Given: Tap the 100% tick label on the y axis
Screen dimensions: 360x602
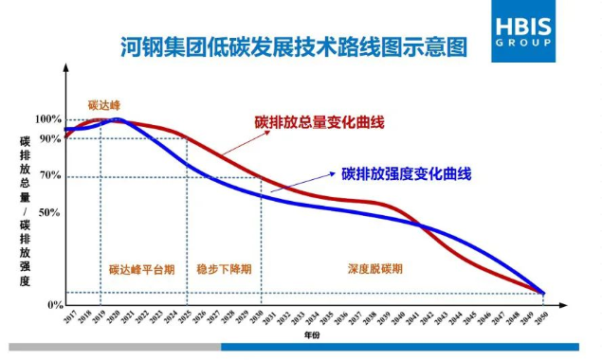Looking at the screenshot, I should click(x=48, y=119).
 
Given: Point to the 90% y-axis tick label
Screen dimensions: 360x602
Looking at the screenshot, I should click(x=50, y=138).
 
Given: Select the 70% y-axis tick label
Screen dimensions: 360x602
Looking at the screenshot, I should click(x=50, y=176).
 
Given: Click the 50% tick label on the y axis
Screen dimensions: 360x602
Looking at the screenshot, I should click(x=50, y=212).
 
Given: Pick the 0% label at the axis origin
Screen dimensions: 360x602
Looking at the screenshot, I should click(x=54, y=305).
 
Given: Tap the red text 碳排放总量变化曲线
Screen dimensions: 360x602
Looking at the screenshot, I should click(x=319, y=122).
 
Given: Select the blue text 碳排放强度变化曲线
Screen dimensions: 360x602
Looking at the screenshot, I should click(x=407, y=173).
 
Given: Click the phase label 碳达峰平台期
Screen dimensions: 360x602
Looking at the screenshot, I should click(x=141, y=269).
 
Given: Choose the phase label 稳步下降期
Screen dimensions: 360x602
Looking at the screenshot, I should click(x=224, y=269).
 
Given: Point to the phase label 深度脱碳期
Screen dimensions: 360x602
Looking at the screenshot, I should click(x=375, y=269).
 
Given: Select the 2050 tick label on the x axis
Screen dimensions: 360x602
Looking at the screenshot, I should click(x=541, y=319).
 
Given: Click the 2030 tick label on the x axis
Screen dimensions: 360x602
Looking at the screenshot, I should click(x=256, y=319).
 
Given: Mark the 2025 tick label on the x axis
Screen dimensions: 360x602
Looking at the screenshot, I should click(x=185, y=319).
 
